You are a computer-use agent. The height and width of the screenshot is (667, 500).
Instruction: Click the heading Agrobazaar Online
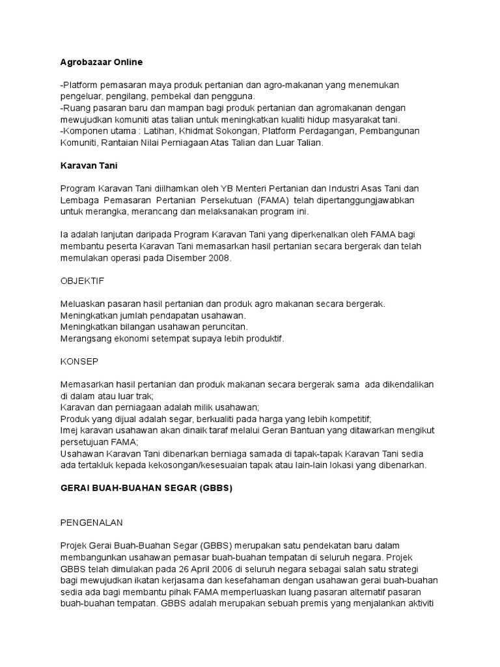(101, 62)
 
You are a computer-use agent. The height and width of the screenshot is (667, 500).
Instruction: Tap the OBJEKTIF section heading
(82, 281)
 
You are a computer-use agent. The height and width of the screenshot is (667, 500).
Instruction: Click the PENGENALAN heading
(91, 522)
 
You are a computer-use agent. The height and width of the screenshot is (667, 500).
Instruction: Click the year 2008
(219, 258)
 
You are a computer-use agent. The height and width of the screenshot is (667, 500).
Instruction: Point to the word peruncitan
(223, 327)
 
